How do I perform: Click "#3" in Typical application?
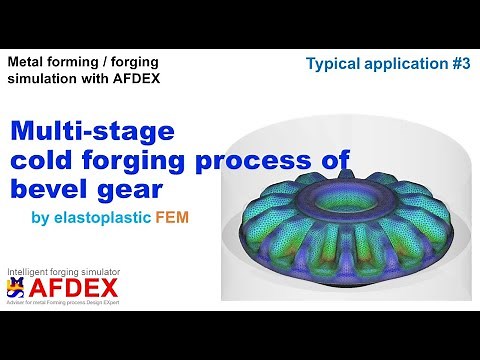451,63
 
